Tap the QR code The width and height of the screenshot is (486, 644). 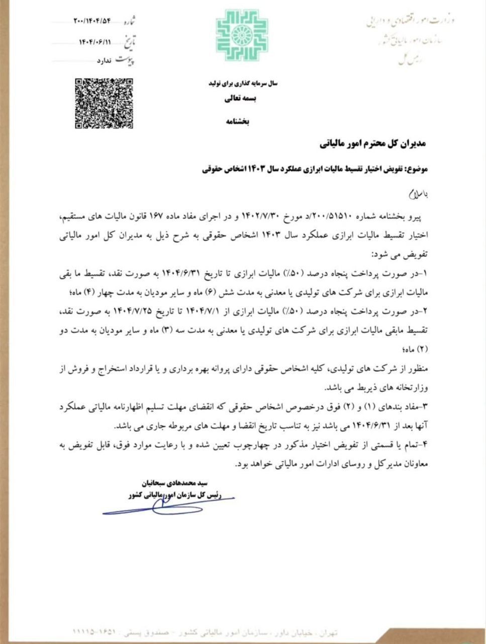[x=104, y=104]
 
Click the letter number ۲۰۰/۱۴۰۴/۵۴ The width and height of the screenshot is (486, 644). [x=91, y=21]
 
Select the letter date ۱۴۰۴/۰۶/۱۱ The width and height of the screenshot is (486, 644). [x=95, y=41]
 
